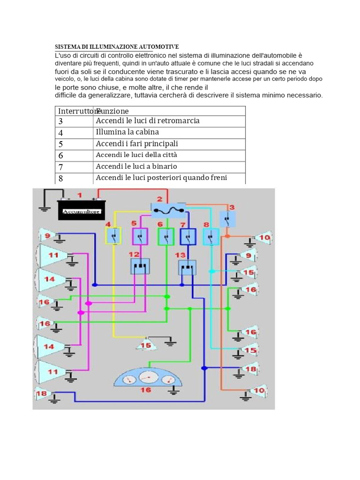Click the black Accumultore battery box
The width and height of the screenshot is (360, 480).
pos(82,210)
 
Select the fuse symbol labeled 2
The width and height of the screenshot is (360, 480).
pos(168,210)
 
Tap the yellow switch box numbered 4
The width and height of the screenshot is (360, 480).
pos(113,236)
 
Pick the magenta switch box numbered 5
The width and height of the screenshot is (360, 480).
pos(140,237)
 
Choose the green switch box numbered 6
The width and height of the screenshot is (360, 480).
pos(166,237)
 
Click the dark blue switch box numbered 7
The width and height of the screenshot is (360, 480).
pos(188,237)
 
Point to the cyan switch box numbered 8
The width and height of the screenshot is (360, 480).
pos(211,237)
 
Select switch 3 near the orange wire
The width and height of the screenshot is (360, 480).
pos(228,219)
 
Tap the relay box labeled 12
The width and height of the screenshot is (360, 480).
pos(140,266)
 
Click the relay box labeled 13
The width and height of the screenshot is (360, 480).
pos(187,268)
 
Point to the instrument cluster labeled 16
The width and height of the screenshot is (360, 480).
pos(148,380)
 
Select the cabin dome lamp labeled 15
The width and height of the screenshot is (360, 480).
pos(146,344)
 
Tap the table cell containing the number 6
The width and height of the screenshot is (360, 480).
pos(74,156)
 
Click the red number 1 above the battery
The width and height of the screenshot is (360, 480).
pos(80,195)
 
